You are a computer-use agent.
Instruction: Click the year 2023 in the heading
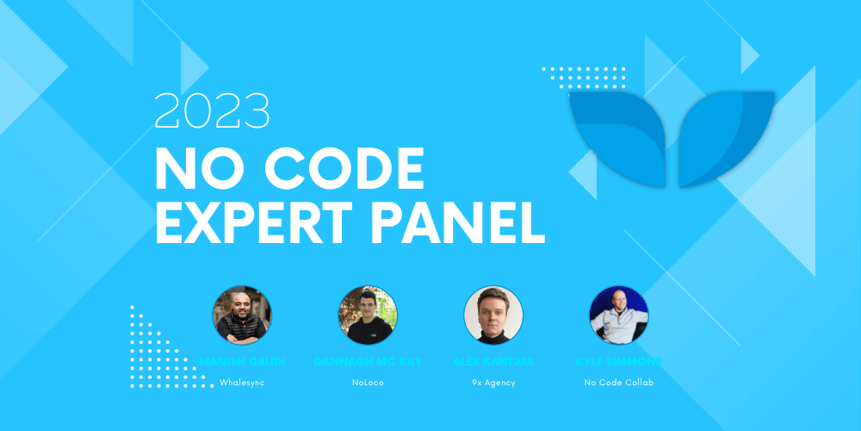click(x=212, y=111)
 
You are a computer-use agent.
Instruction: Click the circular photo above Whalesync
click(x=242, y=315)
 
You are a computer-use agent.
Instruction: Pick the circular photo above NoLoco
click(x=368, y=315)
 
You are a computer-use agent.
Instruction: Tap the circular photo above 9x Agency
click(x=493, y=315)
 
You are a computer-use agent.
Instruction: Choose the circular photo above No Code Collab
click(x=619, y=315)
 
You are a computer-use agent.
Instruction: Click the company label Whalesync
click(x=242, y=382)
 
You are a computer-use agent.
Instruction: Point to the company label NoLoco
click(x=368, y=382)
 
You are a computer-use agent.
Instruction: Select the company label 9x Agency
click(x=493, y=382)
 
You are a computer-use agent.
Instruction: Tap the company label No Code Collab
click(x=619, y=382)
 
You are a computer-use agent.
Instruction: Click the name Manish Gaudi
click(x=242, y=360)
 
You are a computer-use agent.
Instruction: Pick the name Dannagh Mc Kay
click(x=368, y=360)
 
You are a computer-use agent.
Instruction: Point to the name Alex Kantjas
click(x=493, y=360)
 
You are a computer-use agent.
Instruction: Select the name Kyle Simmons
click(x=619, y=360)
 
